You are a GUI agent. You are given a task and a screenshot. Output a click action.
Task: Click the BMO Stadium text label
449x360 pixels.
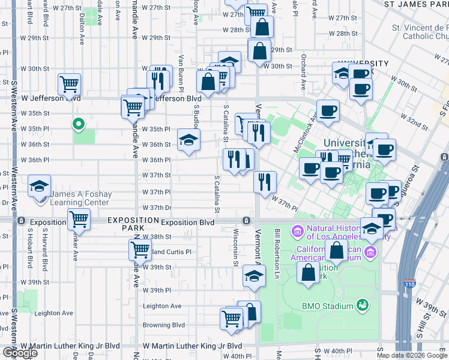(x=328, y=306)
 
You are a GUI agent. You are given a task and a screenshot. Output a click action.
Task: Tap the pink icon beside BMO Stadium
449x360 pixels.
(x=363, y=306)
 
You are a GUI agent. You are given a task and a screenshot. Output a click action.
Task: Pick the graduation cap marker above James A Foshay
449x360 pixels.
(x=40, y=186)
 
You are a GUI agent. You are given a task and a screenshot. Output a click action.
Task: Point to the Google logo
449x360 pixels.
(x=20, y=353)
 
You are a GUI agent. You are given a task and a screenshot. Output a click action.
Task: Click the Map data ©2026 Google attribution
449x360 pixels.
(x=411, y=355)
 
